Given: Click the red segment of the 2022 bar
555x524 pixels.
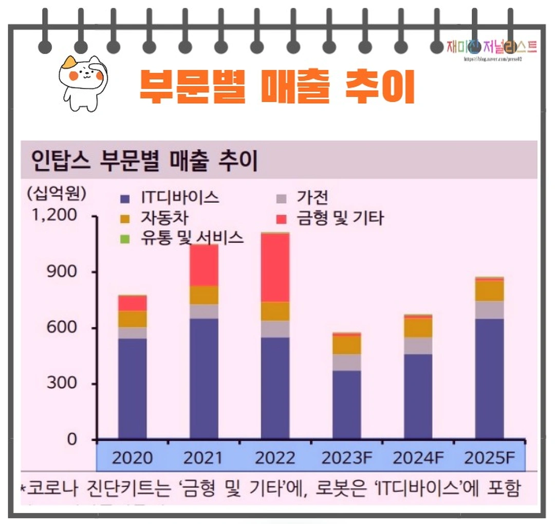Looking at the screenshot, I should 275,267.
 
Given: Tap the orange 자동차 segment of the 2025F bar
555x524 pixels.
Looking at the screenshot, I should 489,291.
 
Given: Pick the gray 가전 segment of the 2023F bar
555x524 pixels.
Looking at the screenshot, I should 346,362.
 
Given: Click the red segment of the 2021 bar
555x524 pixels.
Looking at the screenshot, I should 203,265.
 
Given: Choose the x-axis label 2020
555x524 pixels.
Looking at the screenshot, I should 132,458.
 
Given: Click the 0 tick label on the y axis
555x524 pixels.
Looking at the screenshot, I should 71,440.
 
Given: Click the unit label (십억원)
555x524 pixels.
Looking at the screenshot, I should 57,194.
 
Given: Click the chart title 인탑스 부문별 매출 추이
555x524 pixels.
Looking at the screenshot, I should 144,161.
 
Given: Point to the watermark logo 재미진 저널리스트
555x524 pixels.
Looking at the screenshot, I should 492,48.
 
